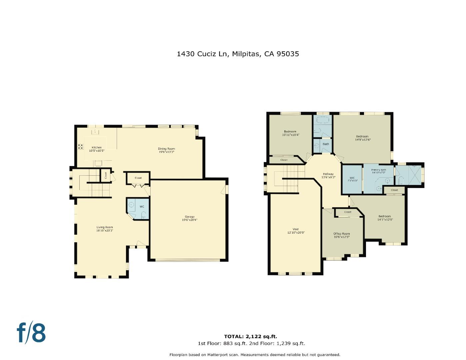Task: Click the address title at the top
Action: coord(238,54)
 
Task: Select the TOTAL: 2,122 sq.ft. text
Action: coord(250,336)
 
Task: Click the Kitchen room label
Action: coord(97,149)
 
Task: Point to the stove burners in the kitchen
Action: coord(81,146)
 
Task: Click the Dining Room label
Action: coord(166,150)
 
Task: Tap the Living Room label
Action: coord(105,229)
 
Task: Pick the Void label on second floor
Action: coord(295,231)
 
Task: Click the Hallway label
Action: coord(328,176)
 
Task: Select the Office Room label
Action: coord(342,235)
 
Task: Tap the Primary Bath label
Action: coord(379,171)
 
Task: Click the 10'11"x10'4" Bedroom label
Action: coord(290,133)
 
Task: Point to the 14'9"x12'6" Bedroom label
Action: coord(362,138)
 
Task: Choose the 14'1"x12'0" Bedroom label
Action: coord(384,218)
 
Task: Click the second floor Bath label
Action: coord(326,144)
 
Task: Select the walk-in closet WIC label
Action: coord(352,179)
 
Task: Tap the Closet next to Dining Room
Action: coord(138,178)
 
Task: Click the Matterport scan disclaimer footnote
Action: coord(255,355)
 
